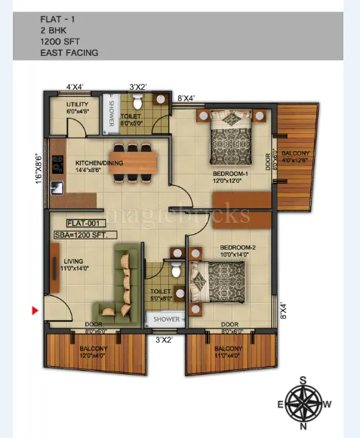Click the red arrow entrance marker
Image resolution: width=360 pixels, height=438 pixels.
click(34, 310)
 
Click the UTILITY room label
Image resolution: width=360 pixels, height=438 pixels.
click(77, 106)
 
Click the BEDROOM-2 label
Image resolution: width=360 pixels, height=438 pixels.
click(238, 251)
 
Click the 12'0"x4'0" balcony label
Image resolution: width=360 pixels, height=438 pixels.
click(94, 351)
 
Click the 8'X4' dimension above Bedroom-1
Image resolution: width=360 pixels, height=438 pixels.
click(186, 97)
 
